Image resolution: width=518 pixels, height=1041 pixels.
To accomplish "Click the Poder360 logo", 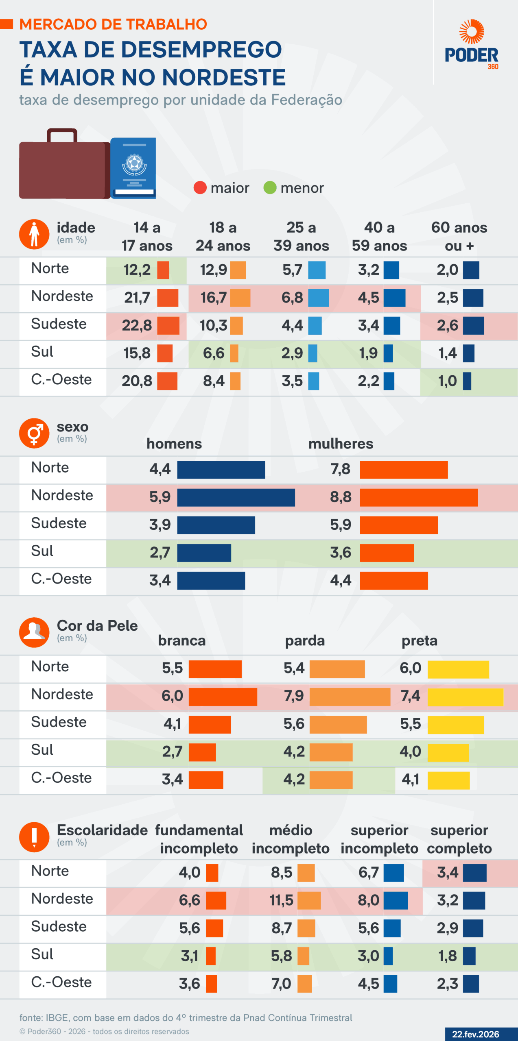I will (x=472, y=45).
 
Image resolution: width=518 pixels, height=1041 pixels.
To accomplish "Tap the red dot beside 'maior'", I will (x=200, y=188).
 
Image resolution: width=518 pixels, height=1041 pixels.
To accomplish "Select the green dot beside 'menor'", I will (x=270, y=188).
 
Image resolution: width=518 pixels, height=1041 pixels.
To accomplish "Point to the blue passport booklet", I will (x=133, y=168).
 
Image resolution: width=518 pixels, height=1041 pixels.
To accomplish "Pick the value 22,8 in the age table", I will (x=137, y=325).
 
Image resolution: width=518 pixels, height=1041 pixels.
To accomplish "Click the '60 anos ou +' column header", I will (x=459, y=236).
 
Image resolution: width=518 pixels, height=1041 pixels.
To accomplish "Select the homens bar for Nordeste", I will (x=236, y=497).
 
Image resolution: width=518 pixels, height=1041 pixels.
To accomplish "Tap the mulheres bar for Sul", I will (x=387, y=553).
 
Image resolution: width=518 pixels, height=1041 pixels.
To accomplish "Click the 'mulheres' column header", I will (x=341, y=444).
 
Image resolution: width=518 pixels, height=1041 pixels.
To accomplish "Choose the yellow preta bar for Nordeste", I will (x=465, y=697).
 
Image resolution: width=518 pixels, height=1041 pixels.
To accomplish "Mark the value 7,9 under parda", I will (x=294, y=696).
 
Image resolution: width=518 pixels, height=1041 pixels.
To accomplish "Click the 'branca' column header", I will (x=181, y=641).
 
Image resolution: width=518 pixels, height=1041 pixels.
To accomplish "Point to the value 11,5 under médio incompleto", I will (x=281, y=900).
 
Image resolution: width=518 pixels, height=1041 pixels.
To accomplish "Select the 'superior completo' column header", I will (x=459, y=839).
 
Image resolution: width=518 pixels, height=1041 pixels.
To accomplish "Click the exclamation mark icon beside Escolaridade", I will (x=34, y=837).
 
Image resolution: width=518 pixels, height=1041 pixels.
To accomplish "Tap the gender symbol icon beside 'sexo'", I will (x=34, y=433).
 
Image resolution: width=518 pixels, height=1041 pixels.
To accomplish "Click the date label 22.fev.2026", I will (x=475, y=1034).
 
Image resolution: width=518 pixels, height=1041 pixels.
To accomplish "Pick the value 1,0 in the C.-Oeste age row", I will (x=447, y=381).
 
